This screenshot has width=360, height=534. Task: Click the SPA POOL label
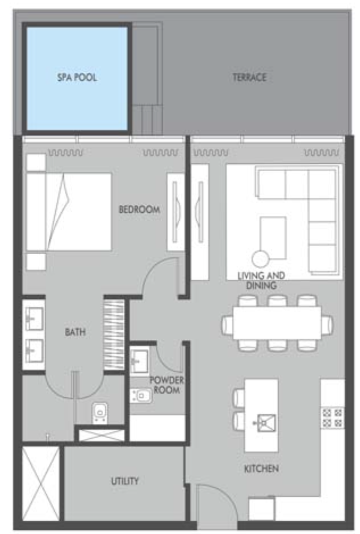(77, 77)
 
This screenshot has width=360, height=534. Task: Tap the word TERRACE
(250, 77)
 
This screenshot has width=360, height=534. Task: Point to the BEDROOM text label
(139, 209)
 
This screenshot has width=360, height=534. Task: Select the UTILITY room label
(125, 481)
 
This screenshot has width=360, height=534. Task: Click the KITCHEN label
(261, 469)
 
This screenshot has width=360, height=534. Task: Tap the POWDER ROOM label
(166, 385)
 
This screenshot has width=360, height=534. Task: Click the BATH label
(75, 332)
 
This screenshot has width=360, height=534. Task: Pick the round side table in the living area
(260, 259)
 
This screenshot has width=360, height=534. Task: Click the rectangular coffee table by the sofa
(273, 238)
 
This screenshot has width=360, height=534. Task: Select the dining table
(277, 323)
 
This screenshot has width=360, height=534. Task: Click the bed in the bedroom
(69, 212)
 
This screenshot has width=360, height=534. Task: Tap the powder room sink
(139, 362)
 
